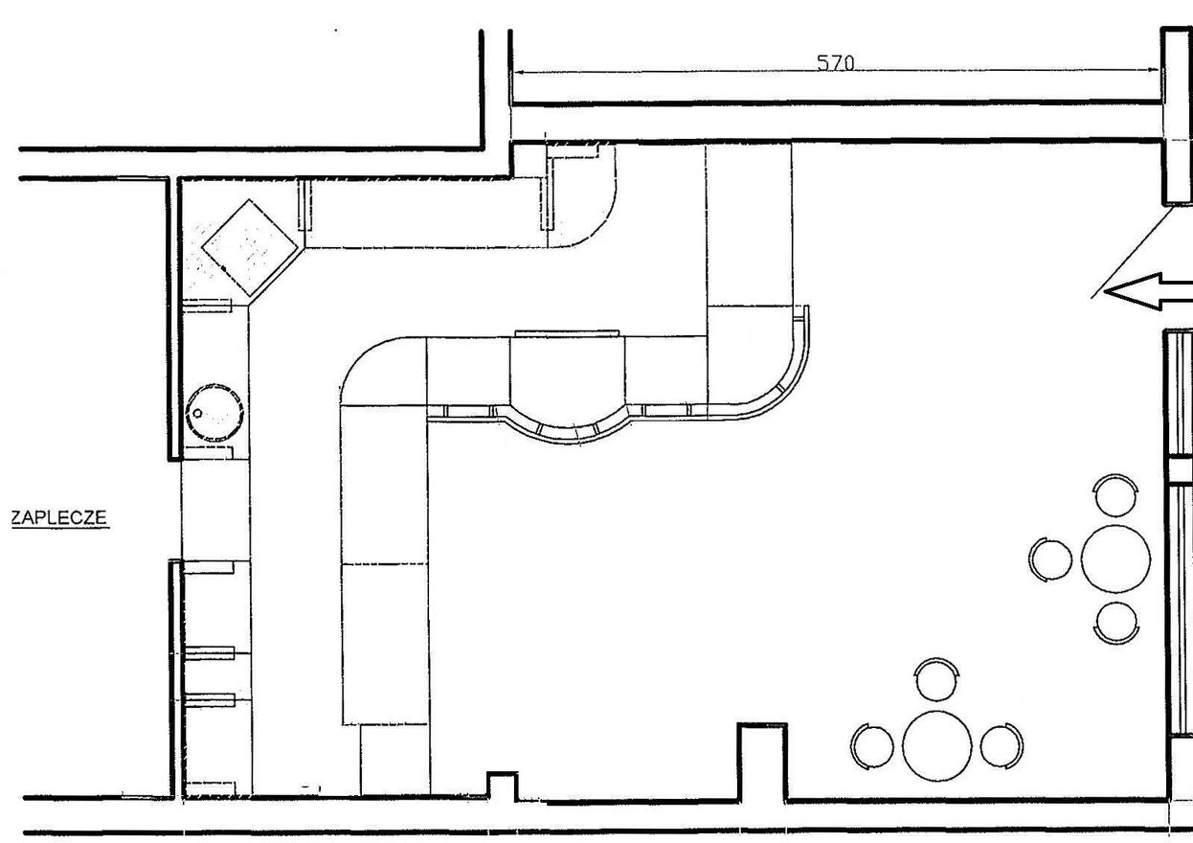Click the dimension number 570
[x=835, y=63]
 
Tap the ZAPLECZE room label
[x=59, y=517]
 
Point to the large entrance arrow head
[x=1131, y=291]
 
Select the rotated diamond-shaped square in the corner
[x=249, y=248]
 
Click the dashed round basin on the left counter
[x=214, y=412]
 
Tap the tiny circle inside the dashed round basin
[x=197, y=413]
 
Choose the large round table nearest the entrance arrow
[x=1115, y=559]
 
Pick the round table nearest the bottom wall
[x=936, y=746]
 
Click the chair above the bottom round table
[x=936, y=679]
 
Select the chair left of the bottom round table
[x=872, y=746]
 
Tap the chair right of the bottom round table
[x=1002, y=746]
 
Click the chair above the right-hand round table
[x=1115, y=495]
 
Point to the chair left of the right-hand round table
[x=1050, y=559]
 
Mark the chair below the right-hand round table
[x=1116, y=623]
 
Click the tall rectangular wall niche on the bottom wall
[x=762, y=762]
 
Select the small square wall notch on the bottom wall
[x=503, y=786]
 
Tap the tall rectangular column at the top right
[x=1177, y=116]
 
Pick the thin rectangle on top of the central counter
[x=567, y=333]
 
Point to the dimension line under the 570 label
[x=836, y=70]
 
